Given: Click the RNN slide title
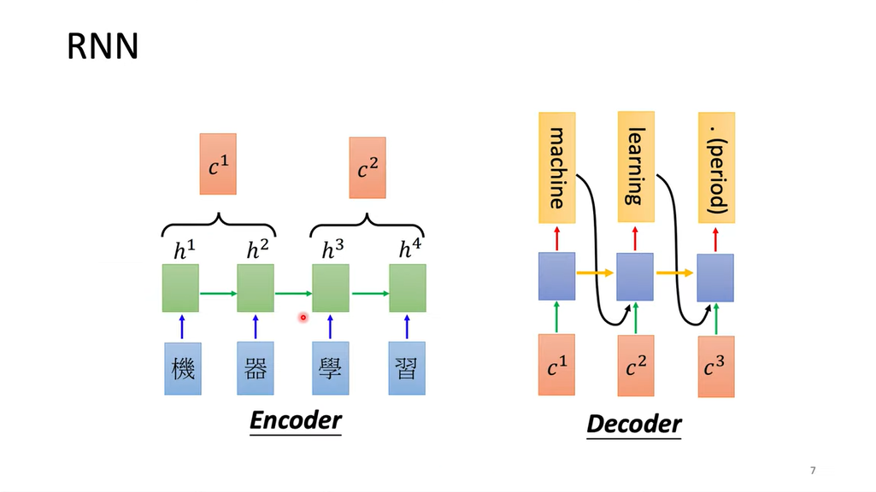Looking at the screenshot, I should tap(103, 47).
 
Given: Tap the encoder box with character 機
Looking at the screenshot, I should tap(183, 368).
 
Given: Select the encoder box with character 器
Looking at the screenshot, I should tap(256, 368).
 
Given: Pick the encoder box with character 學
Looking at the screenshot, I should tap(330, 368).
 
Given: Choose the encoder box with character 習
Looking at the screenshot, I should tap(407, 368).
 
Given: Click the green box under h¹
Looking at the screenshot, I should tap(180, 288).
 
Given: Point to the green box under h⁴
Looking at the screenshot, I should tap(408, 288).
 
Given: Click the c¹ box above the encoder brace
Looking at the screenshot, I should tap(218, 164).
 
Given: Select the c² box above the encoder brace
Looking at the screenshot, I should tap(367, 167).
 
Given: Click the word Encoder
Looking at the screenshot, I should tap(295, 420).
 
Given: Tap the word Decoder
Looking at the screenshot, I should tap(634, 424).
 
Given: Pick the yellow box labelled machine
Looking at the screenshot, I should tap(556, 166).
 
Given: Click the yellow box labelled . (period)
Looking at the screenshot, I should tap(716, 167).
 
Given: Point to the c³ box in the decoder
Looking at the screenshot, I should tap(715, 366).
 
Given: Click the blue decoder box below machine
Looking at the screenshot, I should tap(556, 276).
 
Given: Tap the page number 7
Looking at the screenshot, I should tap(813, 471).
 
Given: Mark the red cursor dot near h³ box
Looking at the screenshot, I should tap(303, 318).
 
